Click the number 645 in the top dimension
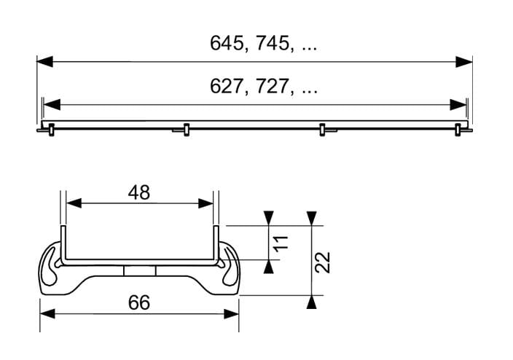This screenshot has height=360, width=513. (x=226, y=43)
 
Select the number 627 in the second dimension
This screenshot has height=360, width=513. (x=226, y=87)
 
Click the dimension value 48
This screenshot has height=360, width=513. (x=139, y=192)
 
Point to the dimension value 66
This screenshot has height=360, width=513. (x=139, y=302)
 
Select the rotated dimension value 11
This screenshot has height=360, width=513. (x=281, y=243)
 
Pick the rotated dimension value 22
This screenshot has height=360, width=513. (x=323, y=262)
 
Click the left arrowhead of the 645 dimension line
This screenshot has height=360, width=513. (x=45, y=61)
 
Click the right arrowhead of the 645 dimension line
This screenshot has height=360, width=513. (x=464, y=61)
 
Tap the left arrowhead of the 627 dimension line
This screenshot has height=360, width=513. (x=52, y=105)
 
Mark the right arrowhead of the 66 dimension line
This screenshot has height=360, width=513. (x=231, y=314)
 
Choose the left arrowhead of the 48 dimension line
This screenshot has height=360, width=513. (x=74, y=203)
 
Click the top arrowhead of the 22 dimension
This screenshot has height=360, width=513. (x=312, y=219)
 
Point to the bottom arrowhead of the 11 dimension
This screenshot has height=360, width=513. (x=269, y=267)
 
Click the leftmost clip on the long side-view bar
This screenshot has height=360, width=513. (x=51, y=130)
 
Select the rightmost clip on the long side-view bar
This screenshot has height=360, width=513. (x=458, y=130)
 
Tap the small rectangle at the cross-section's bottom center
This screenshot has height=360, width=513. (x=140, y=271)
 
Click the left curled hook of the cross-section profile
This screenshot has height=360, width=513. (x=50, y=267)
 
